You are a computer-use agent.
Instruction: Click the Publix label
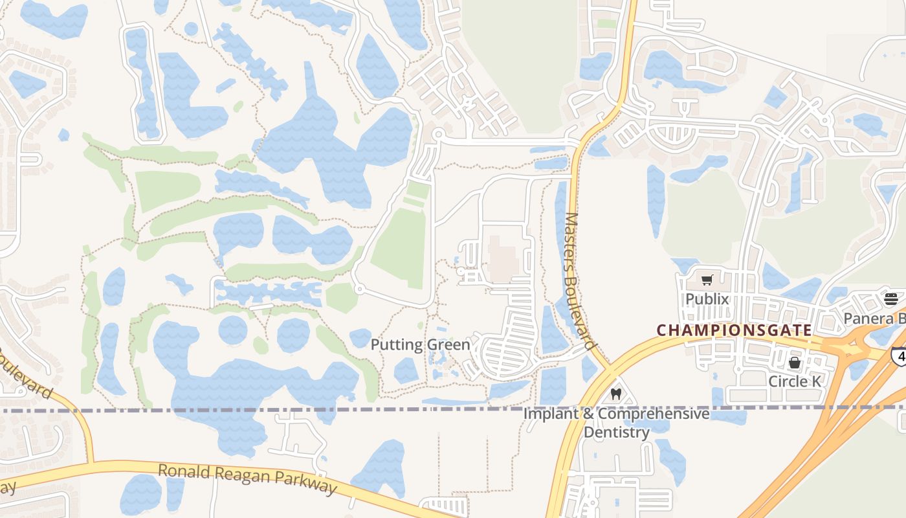pos(707,299)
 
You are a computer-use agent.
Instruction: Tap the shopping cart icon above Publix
pos(707,280)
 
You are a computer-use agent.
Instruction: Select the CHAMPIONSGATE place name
pos(735,330)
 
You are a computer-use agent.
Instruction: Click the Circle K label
pos(794,381)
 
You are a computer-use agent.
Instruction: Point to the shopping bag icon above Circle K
pos(794,363)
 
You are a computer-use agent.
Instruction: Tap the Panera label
pos(874,319)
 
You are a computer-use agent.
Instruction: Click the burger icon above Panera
pos(891,298)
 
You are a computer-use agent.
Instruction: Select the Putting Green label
pos(420,344)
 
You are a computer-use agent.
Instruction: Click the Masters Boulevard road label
pos(579,281)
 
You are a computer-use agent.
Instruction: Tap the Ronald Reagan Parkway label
pos(248,479)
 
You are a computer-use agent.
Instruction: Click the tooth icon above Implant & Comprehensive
pos(615,394)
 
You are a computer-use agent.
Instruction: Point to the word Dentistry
pos(616,432)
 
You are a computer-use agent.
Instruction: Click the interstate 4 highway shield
pos(898,355)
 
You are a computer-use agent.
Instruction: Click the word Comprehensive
pos(654,413)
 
